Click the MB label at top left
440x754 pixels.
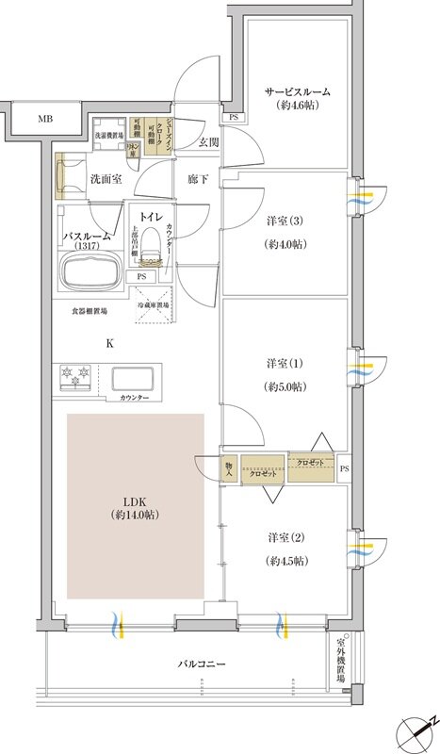click(44, 120)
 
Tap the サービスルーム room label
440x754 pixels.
click(297, 92)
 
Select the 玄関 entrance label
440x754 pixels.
click(208, 142)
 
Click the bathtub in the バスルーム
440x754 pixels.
click(90, 274)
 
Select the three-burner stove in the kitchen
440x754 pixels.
click(80, 377)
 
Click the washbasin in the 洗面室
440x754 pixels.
click(69, 175)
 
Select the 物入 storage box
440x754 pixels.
click(228, 467)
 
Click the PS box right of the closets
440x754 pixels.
click(344, 468)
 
